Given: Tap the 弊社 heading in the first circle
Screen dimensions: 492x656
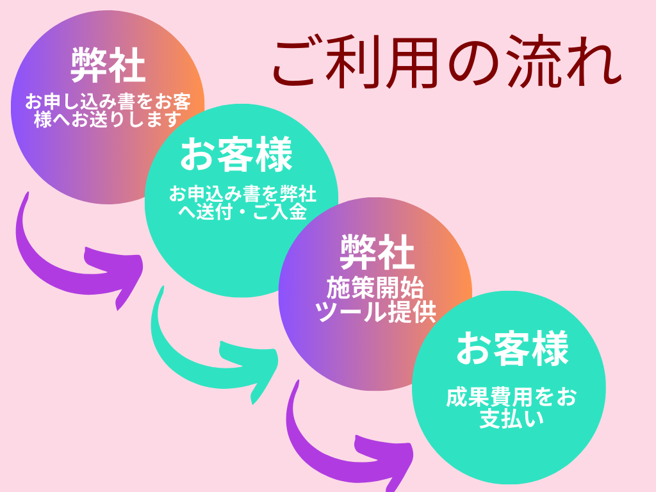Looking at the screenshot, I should tap(108, 65).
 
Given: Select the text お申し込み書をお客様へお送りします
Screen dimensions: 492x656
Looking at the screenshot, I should tap(108, 110).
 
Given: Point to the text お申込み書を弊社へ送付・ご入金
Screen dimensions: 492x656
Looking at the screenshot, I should tap(243, 202).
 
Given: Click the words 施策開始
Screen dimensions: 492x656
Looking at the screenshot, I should tap(375, 289).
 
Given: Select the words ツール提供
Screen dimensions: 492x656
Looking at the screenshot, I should tap(375, 312).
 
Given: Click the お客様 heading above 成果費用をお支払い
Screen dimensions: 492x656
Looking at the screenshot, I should tap(512, 350).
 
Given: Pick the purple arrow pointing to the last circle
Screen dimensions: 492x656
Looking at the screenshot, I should tap(346, 442).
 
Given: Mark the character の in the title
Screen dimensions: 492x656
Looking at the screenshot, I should tap(477, 64).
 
